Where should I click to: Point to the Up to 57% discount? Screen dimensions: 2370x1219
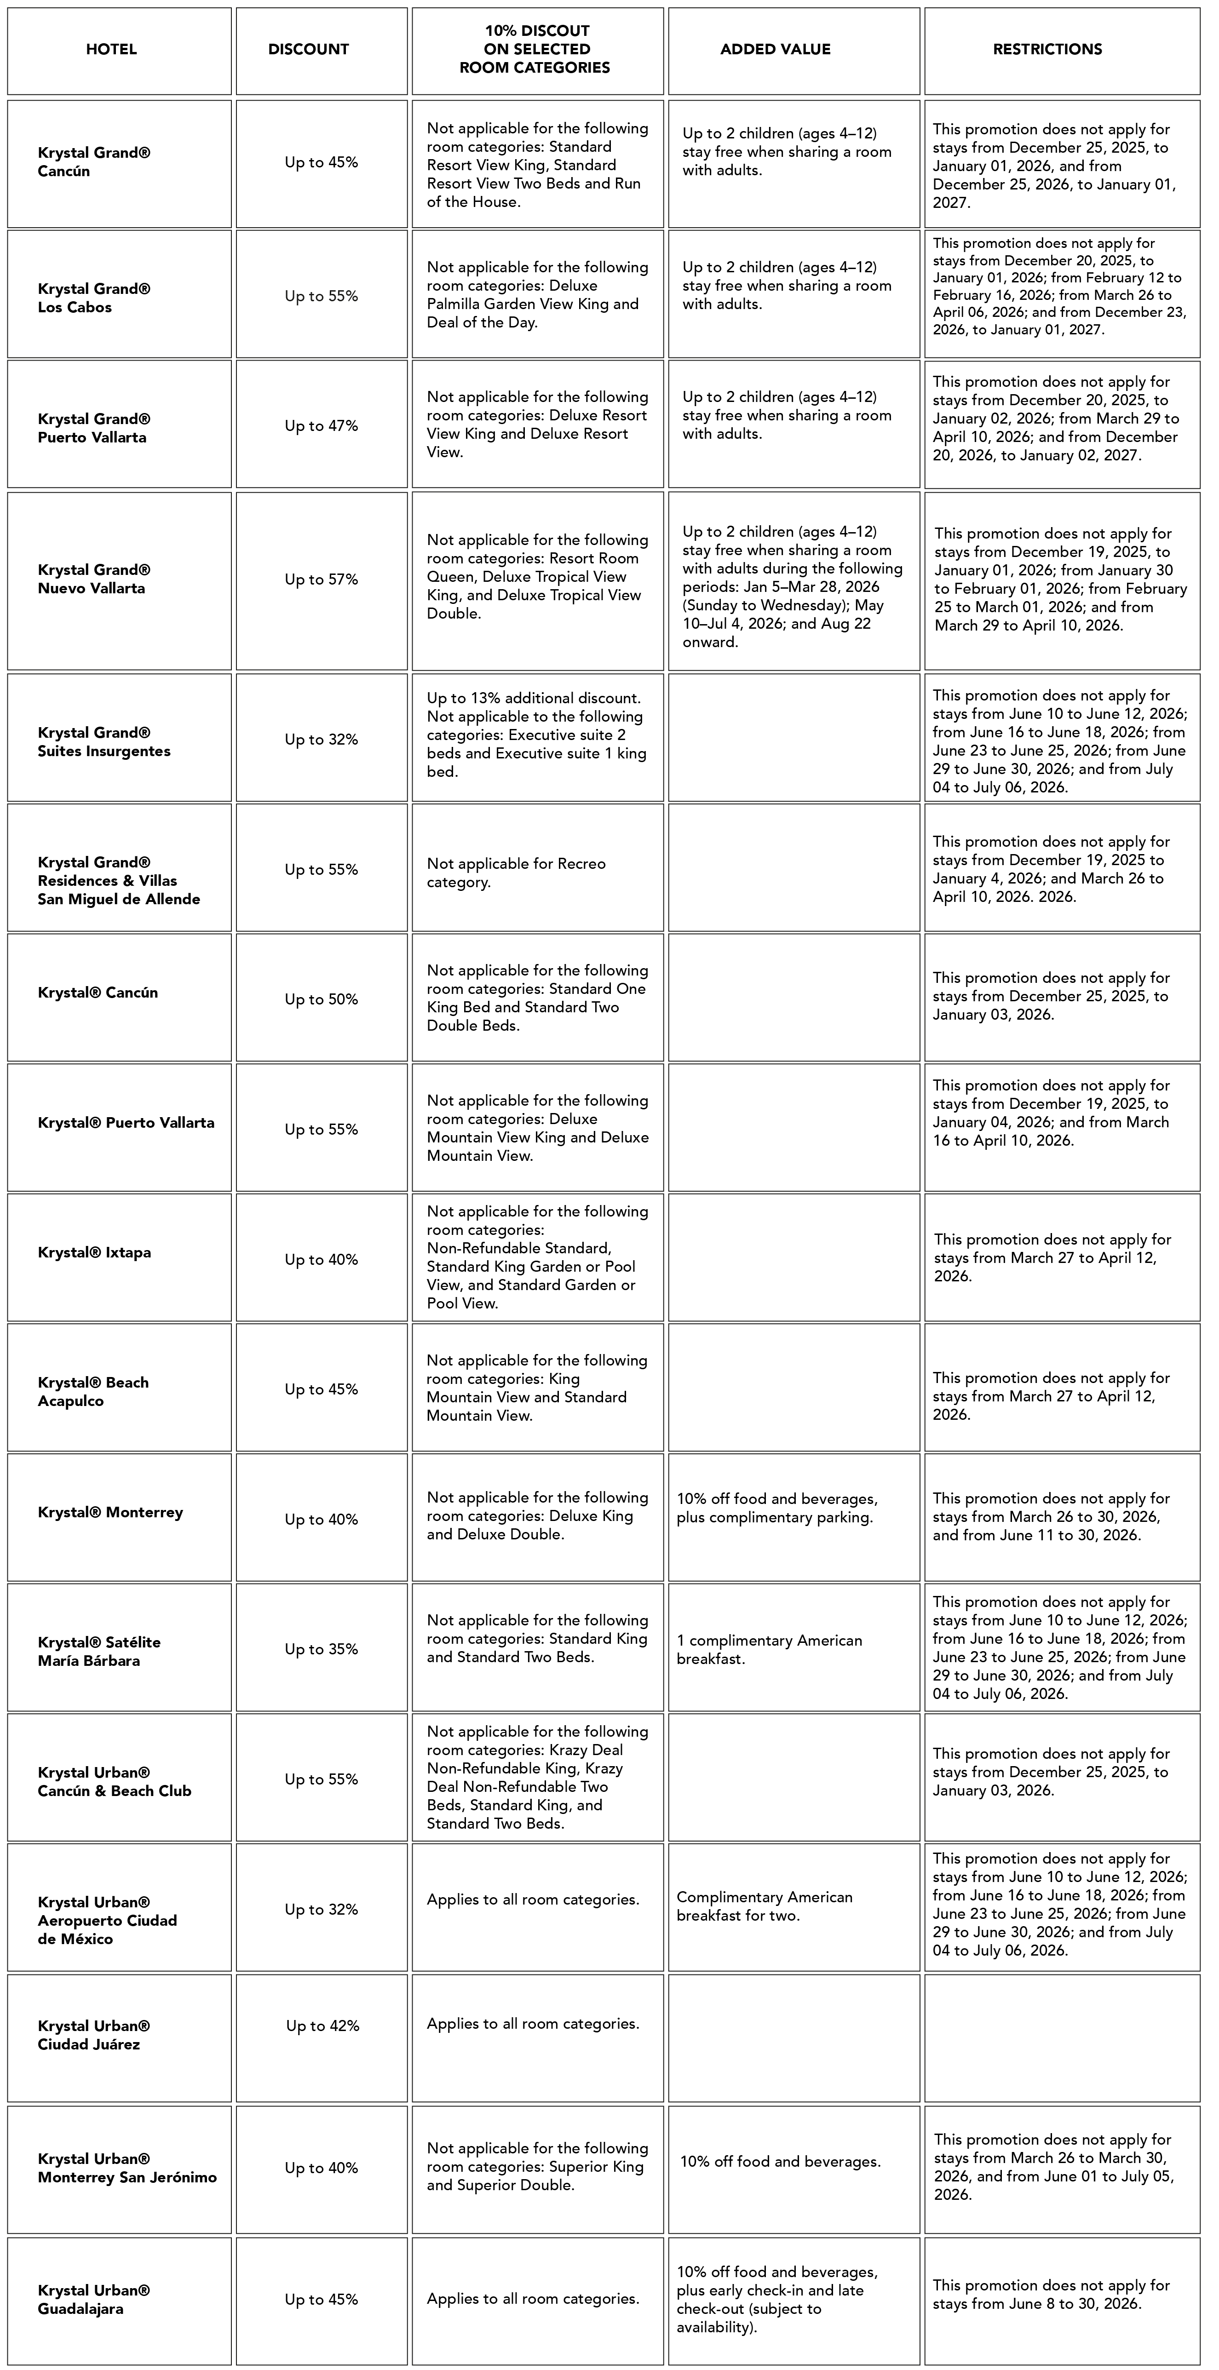coord(321,580)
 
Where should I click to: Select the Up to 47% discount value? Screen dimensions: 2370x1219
coord(321,426)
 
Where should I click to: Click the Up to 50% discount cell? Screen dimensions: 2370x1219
coord(321,999)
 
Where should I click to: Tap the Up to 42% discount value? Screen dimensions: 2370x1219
coord(322,2026)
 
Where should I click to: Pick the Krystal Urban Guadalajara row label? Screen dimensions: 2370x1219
coord(94,2299)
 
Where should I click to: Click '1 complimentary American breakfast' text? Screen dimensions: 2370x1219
coord(769,1650)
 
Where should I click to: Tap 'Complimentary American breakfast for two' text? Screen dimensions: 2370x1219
coord(765,1906)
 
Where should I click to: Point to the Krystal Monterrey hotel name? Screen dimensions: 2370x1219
coord(110,1513)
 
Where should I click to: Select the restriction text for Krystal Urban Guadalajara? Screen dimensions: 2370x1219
coord(1051,2295)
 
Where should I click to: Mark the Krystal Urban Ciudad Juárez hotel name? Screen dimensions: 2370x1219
coord(94,2035)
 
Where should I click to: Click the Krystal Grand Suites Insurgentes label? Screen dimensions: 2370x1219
coord(104,741)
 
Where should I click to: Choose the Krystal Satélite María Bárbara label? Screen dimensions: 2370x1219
coord(99,1652)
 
